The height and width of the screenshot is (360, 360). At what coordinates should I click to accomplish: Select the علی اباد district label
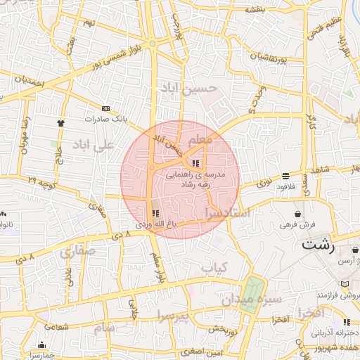pos(93,147)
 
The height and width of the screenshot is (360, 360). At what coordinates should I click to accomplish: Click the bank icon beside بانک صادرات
pos(105,108)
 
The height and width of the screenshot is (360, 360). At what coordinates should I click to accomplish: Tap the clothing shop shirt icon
pos(60,122)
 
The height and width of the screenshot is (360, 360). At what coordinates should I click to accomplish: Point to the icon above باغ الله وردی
pos(155,212)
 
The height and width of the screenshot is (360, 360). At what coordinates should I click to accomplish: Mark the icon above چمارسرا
pos(41,345)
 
